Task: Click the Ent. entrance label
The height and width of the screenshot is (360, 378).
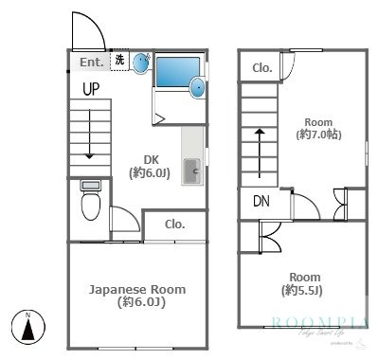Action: [x=91, y=63]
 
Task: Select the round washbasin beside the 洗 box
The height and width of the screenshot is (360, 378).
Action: [x=141, y=63]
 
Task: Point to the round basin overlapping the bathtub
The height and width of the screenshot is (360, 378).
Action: [x=197, y=88]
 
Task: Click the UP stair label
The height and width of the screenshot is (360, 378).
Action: [x=91, y=90]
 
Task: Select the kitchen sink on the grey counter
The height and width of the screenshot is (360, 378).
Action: [x=192, y=171]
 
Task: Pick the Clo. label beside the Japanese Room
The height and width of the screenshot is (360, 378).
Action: [x=174, y=225]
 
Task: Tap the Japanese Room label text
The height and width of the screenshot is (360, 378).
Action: [x=137, y=296]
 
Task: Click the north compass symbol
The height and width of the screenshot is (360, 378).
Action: [x=28, y=329]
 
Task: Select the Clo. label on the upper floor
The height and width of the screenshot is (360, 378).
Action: [x=262, y=67]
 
